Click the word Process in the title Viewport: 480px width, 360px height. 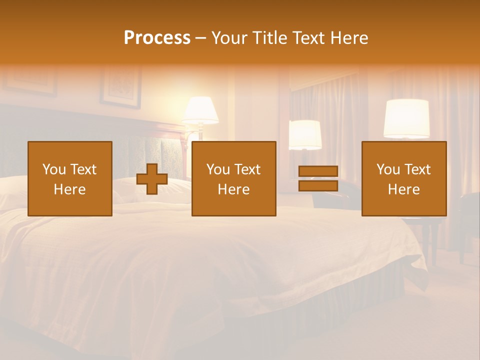coord(157,38)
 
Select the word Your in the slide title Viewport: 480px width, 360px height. coord(229,38)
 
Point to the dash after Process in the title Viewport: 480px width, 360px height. coord(200,38)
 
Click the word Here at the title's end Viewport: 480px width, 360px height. coord(348,38)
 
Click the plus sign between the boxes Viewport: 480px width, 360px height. coord(152,178)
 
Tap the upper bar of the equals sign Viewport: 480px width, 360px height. coord(318,171)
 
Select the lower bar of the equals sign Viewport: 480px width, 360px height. coord(318,185)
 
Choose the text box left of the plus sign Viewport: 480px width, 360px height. coord(69,178)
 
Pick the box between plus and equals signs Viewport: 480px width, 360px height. coord(233,178)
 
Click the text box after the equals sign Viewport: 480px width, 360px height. coord(403,178)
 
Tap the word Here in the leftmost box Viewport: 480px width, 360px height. coord(69,189)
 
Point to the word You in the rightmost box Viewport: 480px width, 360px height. coord(388,169)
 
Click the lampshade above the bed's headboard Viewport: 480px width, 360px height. coord(200,110)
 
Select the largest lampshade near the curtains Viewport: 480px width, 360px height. coord(406,118)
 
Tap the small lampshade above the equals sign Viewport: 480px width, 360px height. coord(305,134)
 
